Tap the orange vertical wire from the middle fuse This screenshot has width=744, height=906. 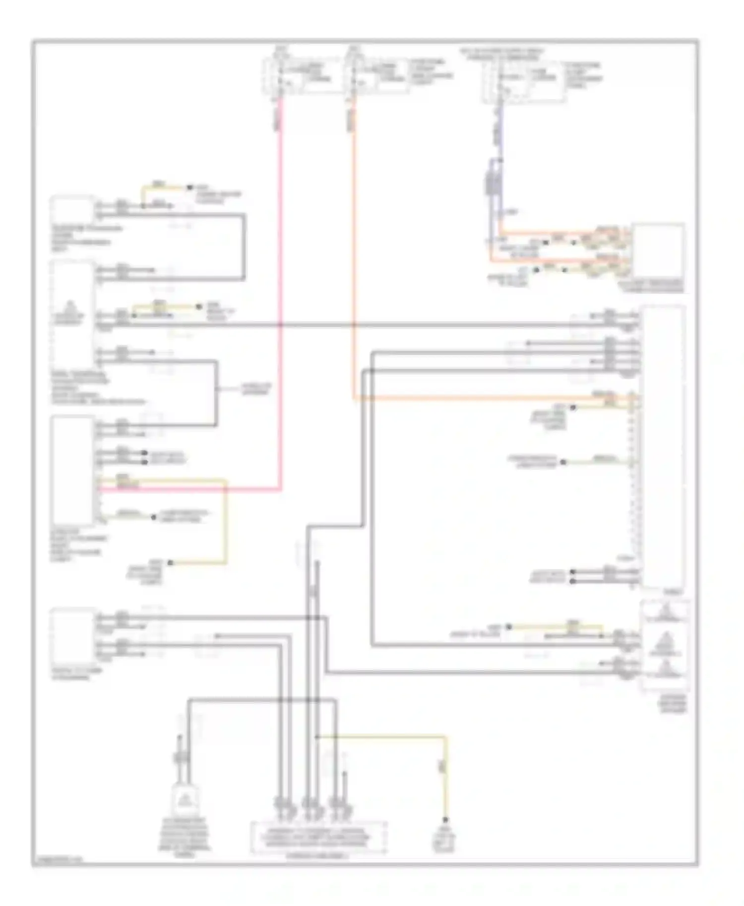pos(354,248)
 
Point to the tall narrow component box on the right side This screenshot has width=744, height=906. pos(663,446)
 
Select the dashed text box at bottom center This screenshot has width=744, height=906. pos(319,837)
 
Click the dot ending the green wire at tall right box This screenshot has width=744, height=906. pos(563,462)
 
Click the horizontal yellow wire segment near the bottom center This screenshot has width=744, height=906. pos(382,736)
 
